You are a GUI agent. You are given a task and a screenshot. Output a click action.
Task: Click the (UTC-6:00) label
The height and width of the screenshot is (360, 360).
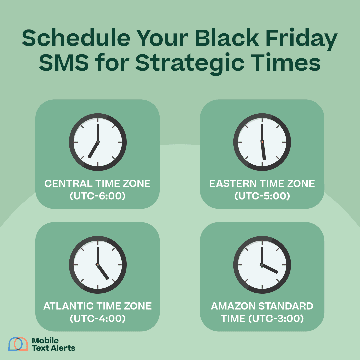point(98,196)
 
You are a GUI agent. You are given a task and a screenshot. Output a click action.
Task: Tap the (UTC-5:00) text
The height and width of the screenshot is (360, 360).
point(262,196)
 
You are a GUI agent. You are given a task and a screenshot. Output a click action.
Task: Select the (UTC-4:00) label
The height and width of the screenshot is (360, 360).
point(98,319)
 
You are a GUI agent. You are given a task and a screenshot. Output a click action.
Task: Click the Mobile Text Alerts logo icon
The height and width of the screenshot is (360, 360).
point(18,344)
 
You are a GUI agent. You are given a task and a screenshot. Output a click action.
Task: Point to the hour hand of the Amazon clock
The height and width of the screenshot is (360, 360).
point(270,269)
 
